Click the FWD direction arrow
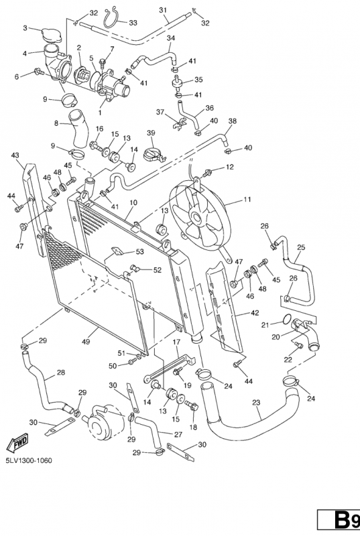click(17, 444)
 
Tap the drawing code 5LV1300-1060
click(29, 460)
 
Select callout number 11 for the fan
click(247, 199)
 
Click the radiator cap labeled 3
click(51, 36)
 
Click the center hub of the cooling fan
click(196, 216)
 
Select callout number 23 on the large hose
click(256, 403)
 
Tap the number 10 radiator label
click(133, 202)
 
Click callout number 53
click(140, 252)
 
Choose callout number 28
click(61, 372)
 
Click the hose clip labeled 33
click(112, 18)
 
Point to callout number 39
click(151, 133)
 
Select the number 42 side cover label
click(255, 313)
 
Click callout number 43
click(15, 155)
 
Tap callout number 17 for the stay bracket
click(176, 342)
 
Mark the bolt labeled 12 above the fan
click(206, 174)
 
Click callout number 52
click(158, 270)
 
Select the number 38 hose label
click(233, 121)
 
